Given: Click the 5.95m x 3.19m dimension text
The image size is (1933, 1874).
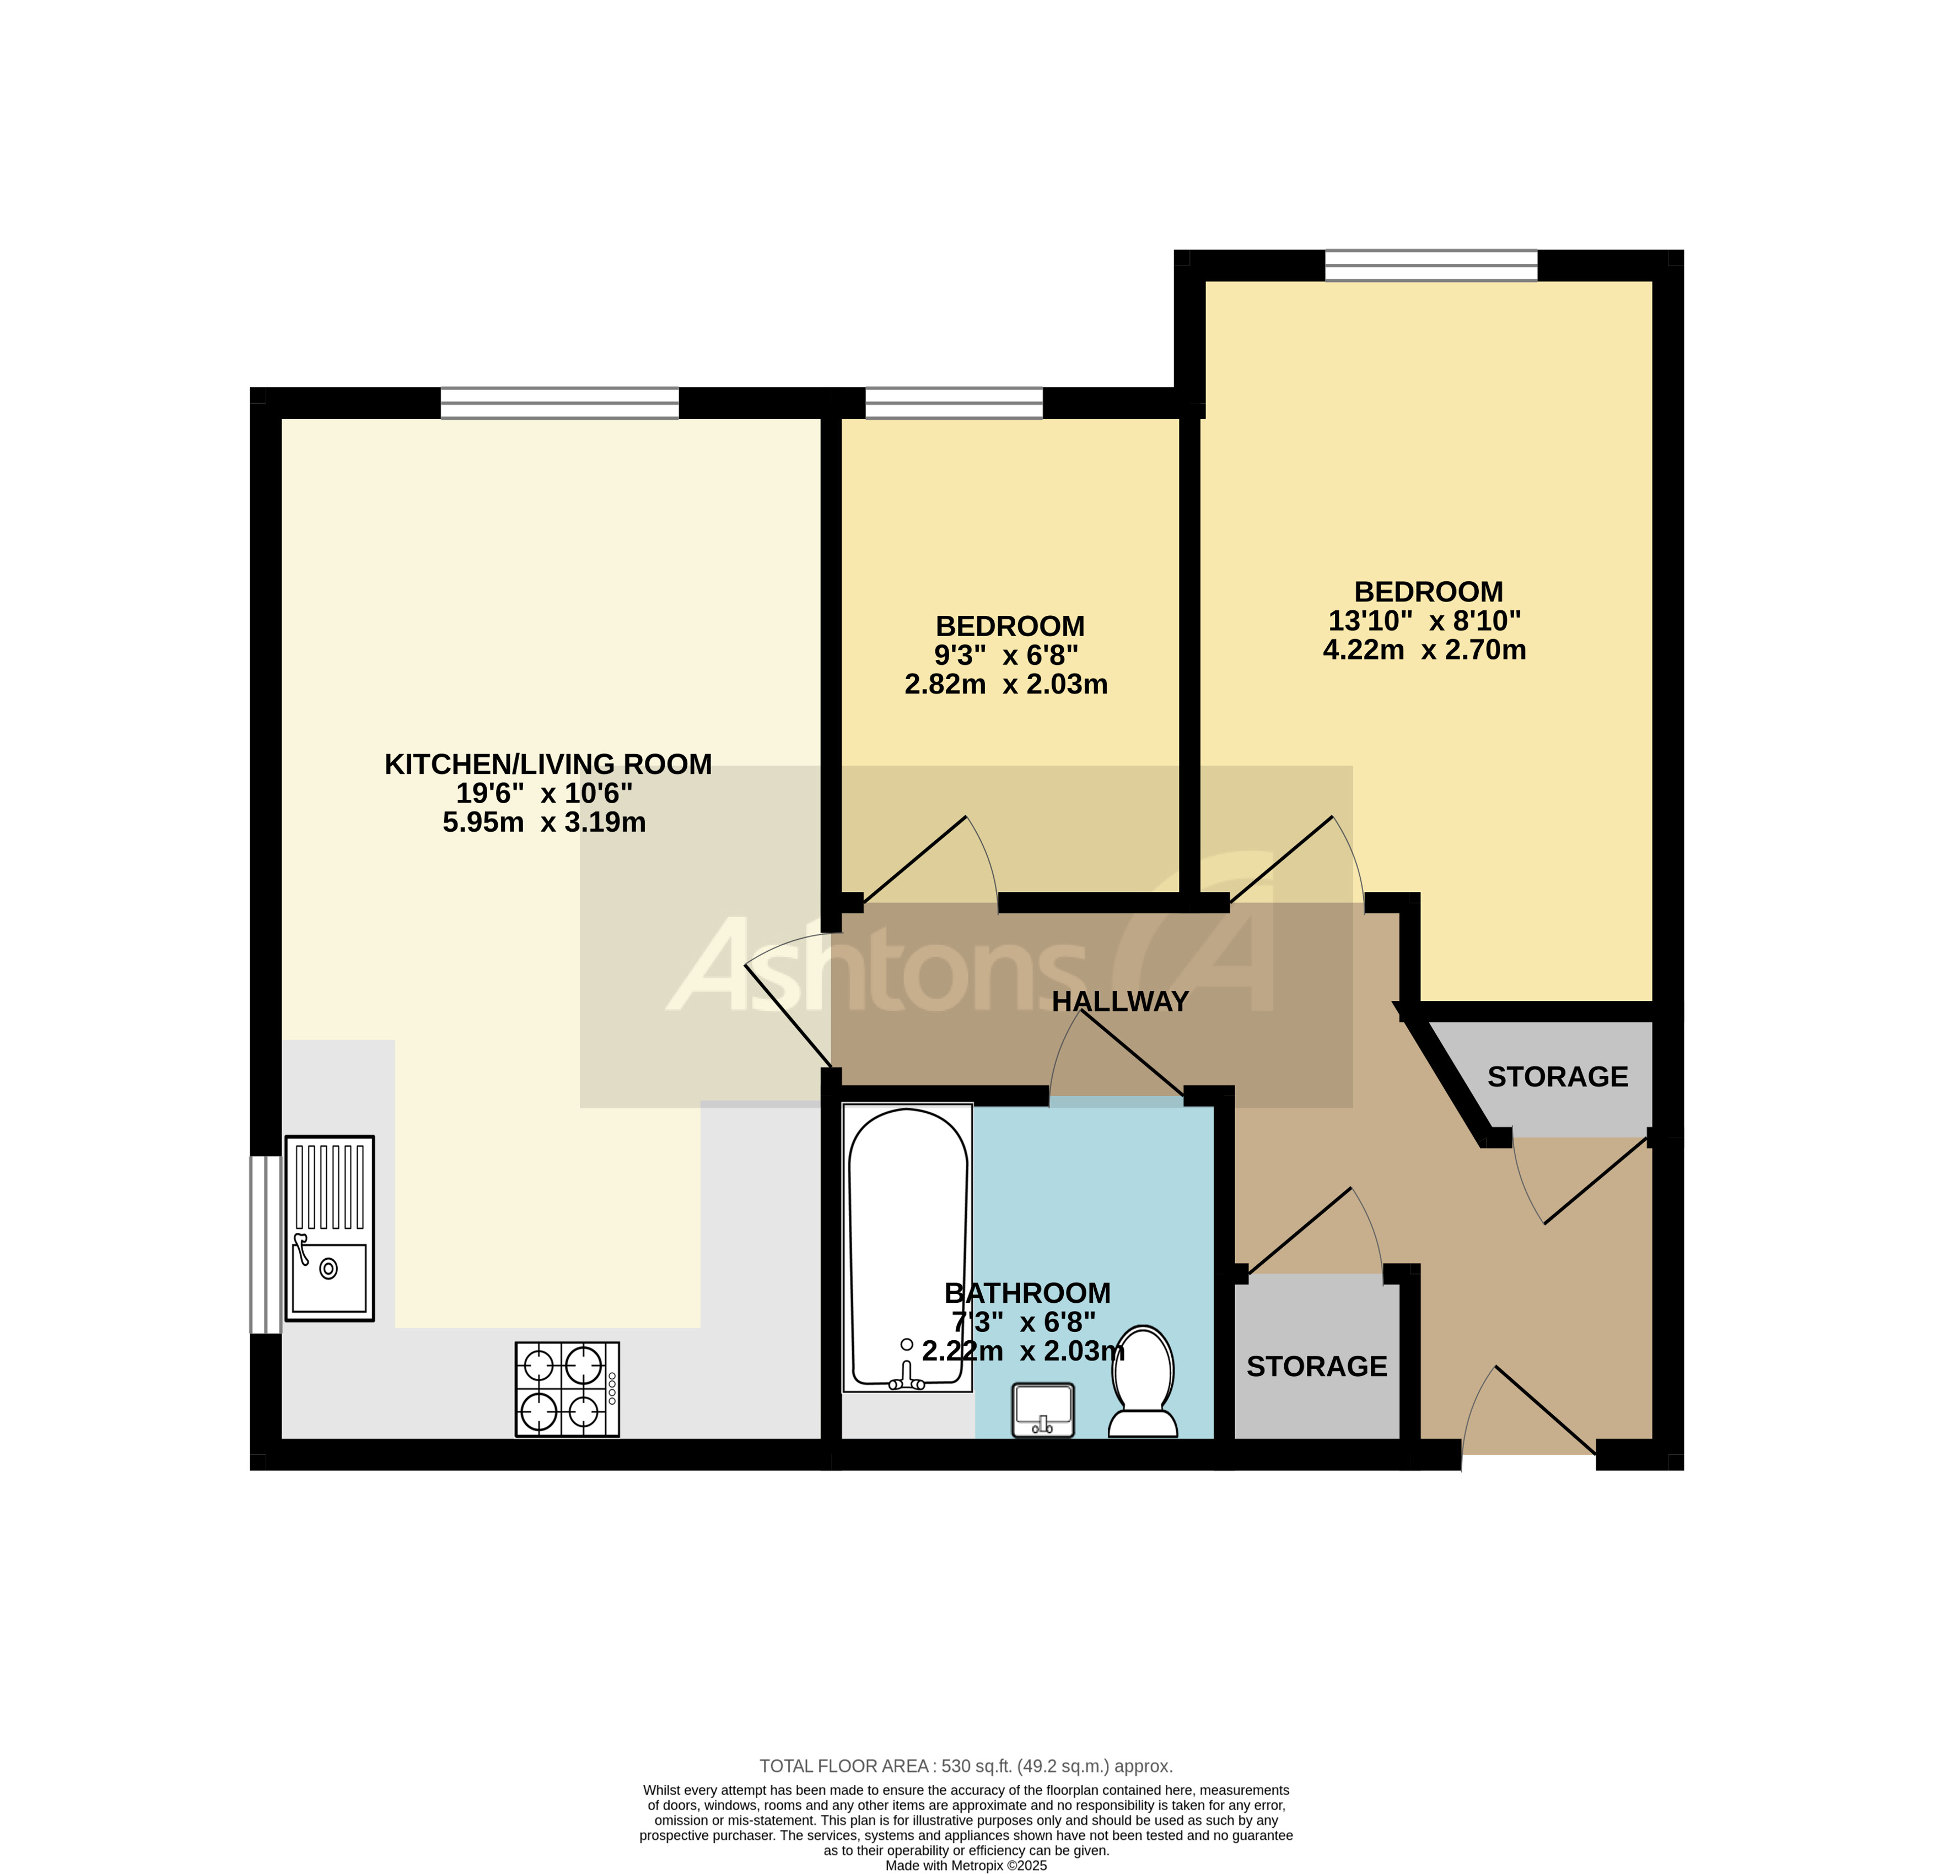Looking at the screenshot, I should (x=543, y=822).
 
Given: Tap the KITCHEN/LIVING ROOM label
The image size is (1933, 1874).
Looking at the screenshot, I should (x=547, y=764).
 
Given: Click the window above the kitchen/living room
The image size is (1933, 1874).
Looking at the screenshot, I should (x=559, y=403).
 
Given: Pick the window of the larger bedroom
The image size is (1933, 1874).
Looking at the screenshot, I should (x=1430, y=265).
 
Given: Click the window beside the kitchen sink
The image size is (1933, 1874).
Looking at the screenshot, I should (x=265, y=1244).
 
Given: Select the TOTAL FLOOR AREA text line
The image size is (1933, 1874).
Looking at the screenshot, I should (x=966, y=1765).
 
